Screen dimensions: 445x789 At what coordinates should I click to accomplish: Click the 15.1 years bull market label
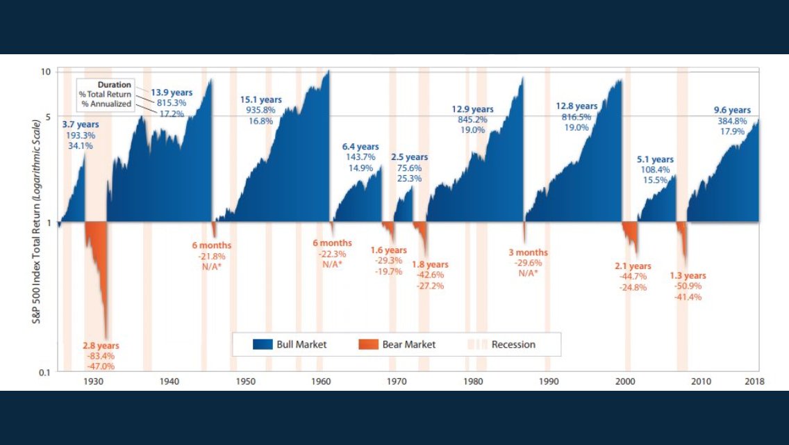pyautogui.click(x=260, y=99)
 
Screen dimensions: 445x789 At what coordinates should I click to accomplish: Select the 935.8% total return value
pyautogui.click(x=260, y=110)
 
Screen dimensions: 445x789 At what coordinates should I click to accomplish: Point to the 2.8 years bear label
pyautogui.click(x=101, y=346)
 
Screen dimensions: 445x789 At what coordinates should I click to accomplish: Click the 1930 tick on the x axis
pyautogui.click(x=94, y=381)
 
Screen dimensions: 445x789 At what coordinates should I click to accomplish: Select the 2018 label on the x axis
pyautogui.click(x=754, y=381)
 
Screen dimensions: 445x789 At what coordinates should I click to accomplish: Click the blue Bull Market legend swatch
pyautogui.click(x=263, y=344)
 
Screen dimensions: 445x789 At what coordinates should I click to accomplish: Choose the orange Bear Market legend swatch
pyautogui.click(x=368, y=344)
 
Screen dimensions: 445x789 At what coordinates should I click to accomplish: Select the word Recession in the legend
pyautogui.click(x=513, y=344)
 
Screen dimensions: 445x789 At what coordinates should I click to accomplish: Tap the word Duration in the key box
pyautogui.click(x=114, y=85)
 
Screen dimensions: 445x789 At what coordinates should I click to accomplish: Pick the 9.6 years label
pyautogui.click(x=732, y=110)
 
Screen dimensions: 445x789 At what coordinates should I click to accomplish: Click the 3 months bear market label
pyautogui.click(x=528, y=252)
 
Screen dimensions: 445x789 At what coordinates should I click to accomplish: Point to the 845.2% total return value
pyautogui.click(x=472, y=120)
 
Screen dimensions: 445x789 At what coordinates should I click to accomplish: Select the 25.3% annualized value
pyautogui.click(x=409, y=178)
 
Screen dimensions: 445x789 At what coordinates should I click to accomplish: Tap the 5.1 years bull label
pyautogui.click(x=655, y=159)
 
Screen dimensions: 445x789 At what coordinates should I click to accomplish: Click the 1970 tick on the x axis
pyautogui.click(x=397, y=381)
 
